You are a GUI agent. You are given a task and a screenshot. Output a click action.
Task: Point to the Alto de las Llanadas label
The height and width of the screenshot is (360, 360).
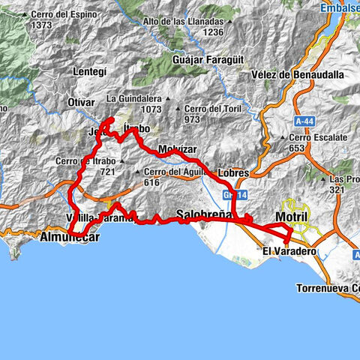[187, 21]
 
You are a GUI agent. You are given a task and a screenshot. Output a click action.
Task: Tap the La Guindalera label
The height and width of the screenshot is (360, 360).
[134, 98]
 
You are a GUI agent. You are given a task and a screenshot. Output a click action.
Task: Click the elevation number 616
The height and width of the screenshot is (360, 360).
[153, 182]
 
